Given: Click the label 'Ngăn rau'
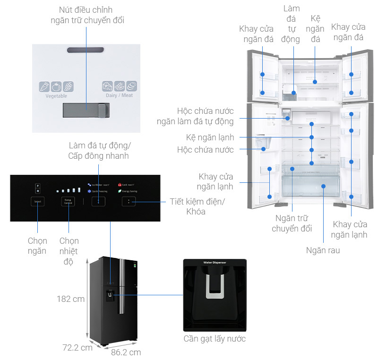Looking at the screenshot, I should point(323,250).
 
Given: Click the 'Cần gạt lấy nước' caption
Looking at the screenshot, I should point(215,339).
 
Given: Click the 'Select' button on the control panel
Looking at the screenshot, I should point(37,202).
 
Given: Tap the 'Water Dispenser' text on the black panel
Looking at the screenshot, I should point(215,263).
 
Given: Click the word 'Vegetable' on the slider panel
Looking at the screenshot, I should point(56,96).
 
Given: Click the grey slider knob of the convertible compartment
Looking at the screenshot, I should point(101,111).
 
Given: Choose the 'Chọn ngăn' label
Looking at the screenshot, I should point(37,246).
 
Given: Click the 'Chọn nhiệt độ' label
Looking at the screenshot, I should point(69,251).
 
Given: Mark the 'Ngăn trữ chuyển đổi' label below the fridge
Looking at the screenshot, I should point(292,223).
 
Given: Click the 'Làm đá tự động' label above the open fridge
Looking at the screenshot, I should point(291,24).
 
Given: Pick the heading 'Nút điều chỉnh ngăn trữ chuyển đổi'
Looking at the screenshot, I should point(87,15).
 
